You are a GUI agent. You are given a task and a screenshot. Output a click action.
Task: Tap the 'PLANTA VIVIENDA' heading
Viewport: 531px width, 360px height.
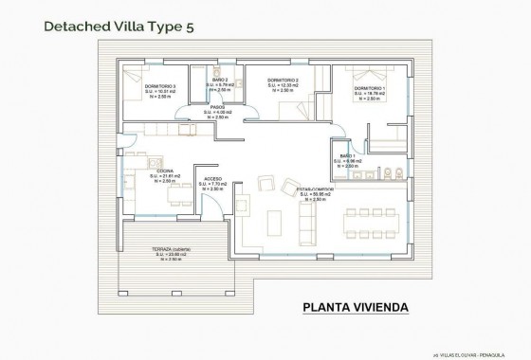pyautogui.click(x=356, y=307)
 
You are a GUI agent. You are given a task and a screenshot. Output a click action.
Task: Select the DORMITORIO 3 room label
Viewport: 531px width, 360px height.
pyautogui.click(x=161, y=86)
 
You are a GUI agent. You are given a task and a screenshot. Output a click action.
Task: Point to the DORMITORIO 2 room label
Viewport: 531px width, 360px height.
pyautogui.click(x=283, y=81)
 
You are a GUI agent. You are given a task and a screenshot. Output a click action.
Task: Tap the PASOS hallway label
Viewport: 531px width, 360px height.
pyautogui.click(x=217, y=107)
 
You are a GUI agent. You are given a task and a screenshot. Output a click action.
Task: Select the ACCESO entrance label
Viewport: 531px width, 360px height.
pyautogui.click(x=212, y=178)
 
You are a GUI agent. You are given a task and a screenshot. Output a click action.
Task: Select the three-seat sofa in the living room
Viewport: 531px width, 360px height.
pyautogui.click(x=306, y=221)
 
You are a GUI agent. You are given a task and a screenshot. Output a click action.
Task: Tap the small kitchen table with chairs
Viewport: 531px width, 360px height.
pyautogui.click(x=176, y=195)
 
